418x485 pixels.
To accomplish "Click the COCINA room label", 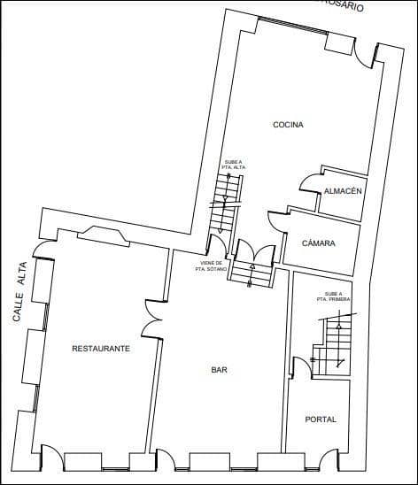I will point(288,125).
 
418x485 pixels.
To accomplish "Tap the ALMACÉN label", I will point(340,192).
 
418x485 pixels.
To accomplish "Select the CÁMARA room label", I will point(318,243).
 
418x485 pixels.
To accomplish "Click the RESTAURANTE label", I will point(101,349).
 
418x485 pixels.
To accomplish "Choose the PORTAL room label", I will point(320,419).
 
